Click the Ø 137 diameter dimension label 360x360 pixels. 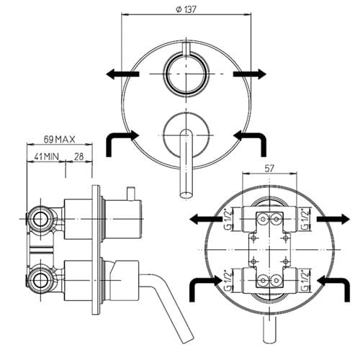coord(186,9)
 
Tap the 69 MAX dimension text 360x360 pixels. coord(59,140)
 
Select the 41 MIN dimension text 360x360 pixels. coord(46,157)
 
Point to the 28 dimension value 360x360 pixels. coord(78,157)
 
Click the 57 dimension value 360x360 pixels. coord(269,168)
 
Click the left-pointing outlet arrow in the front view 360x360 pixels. coord(122,73)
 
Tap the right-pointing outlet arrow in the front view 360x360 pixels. coord(250,73)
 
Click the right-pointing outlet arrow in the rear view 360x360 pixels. coord(333,219)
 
